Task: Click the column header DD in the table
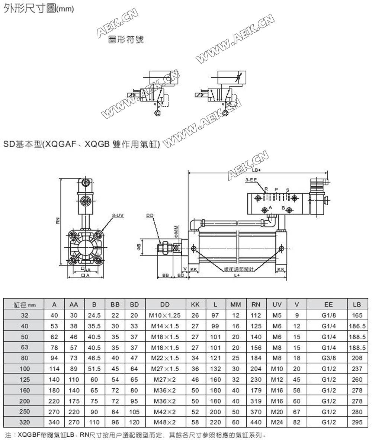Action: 165,305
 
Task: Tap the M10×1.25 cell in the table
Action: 165,315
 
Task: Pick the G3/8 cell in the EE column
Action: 328,358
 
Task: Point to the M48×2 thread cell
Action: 165,423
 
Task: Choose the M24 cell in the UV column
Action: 277,423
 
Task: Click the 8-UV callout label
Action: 118,215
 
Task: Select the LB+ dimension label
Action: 257,170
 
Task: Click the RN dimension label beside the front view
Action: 58,221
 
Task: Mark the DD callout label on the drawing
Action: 150,215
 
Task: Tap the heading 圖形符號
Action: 125,40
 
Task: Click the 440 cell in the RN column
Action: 256,423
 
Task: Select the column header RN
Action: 256,305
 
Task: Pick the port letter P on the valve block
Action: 276,189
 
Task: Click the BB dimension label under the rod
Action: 166,275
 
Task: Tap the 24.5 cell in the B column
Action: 94,315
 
